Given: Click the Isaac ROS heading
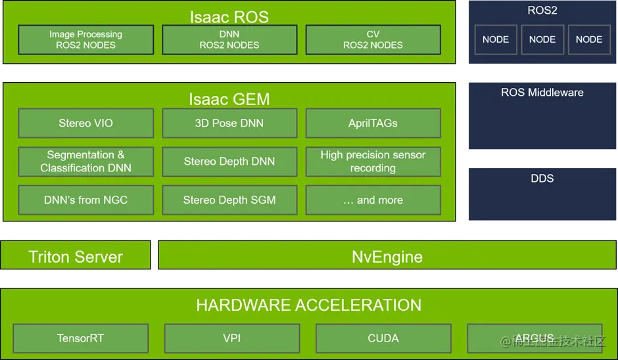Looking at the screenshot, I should [229, 16].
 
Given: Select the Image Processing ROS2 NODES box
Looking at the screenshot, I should [85, 39].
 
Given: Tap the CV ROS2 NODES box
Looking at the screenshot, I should [373, 39].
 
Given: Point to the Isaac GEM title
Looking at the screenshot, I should [229, 99].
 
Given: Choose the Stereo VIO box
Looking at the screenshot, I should [85, 123].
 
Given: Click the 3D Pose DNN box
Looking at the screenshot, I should [229, 123].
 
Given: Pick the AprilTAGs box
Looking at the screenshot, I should [373, 123].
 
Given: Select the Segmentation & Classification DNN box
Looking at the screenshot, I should [85, 162].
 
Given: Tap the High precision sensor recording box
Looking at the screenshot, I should [373, 162].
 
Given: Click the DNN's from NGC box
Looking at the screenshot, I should [85, 200].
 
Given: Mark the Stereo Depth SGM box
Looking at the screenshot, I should [229, 200].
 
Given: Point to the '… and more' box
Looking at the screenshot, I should [373, 200].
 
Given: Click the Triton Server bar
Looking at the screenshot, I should [76, 256].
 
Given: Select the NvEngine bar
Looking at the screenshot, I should [387, 256].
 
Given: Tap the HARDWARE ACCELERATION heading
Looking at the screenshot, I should [308, 305].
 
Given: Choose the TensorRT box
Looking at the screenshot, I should [80, 338].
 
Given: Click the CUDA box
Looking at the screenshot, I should [383, 338].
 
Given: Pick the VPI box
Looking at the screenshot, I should [231, 338].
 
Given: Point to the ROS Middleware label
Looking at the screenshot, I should [542, 93].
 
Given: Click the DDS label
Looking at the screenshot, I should [542, 178].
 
